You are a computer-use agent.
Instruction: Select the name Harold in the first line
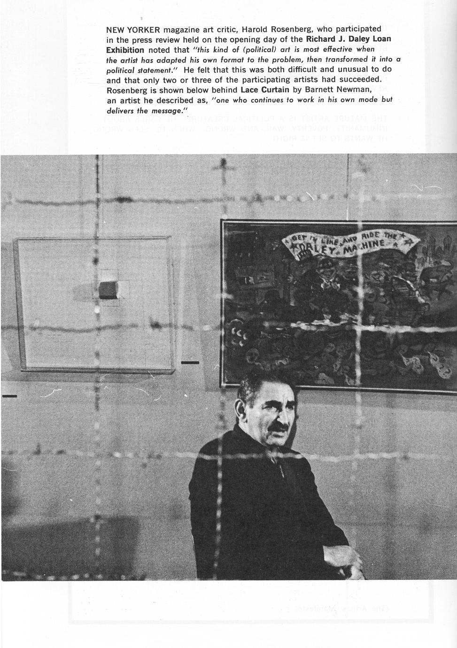point(256,30)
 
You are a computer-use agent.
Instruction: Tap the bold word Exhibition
point(125,50)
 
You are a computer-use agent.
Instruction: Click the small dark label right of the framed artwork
point(190,363)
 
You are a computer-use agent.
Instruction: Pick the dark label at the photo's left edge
point(9,396)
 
